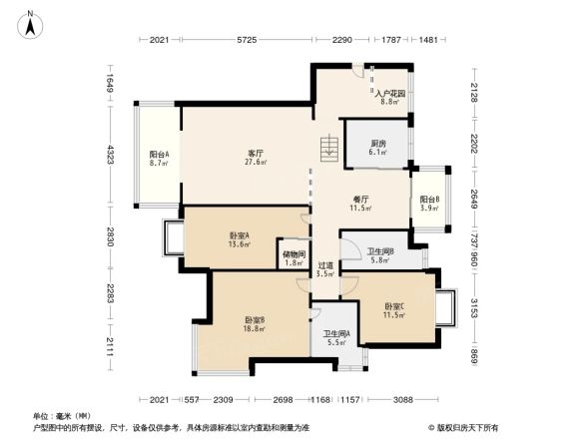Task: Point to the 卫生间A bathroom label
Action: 334,338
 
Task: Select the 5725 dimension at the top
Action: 248,40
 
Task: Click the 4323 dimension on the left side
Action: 112,155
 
